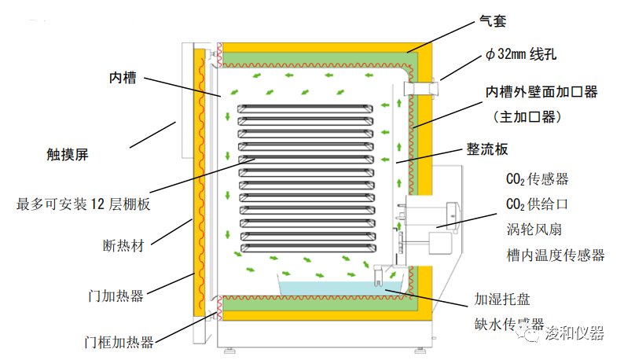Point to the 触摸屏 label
(67, 155)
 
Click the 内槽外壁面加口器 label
(541, 92)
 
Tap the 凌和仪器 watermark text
(575, 333)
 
